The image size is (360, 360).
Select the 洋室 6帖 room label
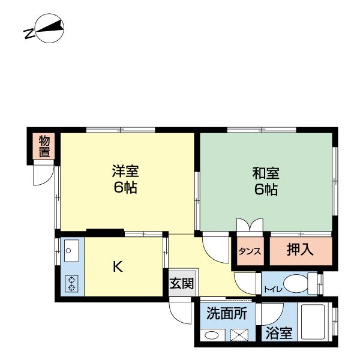point(125,179)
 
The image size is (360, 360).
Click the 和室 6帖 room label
point(265,181)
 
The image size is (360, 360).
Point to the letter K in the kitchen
point(118,267)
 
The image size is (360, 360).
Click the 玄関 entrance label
point(181,284)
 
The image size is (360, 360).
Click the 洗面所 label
point(227,314)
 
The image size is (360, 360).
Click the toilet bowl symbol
point(296,283)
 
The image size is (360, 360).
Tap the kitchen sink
point(71,250)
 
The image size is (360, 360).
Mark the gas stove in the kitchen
point(71,283)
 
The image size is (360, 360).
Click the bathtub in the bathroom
point(313,324)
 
